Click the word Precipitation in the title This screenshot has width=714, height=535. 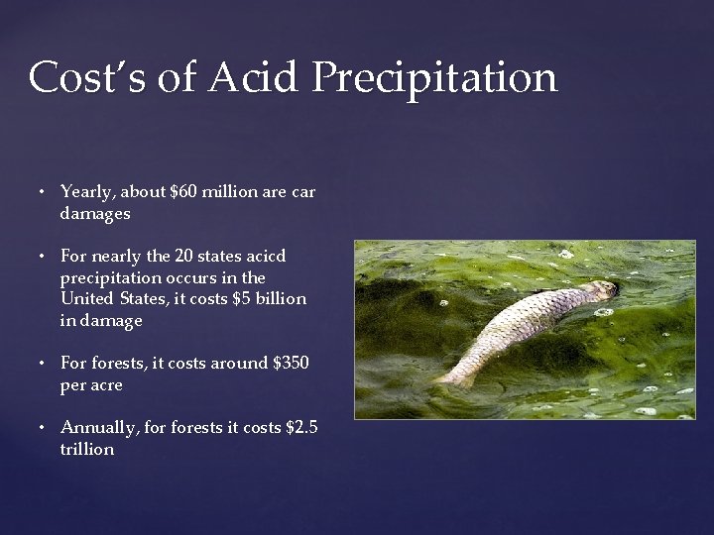[x=434, y=78]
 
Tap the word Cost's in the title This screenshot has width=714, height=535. [x=87, y=77]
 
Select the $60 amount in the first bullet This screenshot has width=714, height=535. [x=183, y=192]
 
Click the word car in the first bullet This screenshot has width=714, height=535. [x=303, y=192]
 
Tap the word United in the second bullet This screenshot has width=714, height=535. [x=86, y=299]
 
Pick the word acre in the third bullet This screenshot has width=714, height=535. [x=105, y=385]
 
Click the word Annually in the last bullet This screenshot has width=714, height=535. [x=98, y=428]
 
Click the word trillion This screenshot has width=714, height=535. [x=87, y=450]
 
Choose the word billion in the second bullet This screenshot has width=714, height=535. [x=283, y=299]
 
